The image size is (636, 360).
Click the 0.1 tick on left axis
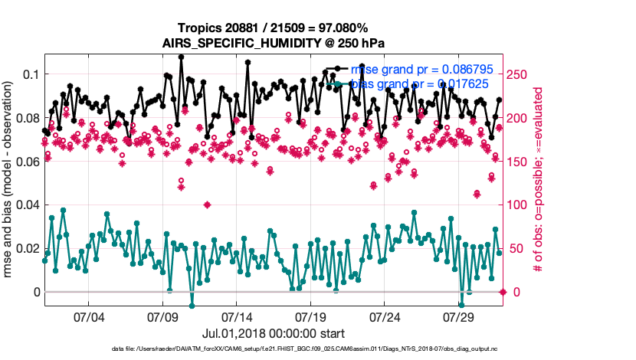pyautogui.click(x=31, y=74)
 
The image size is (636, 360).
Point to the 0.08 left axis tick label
pyautogui.click(x=28, y=118)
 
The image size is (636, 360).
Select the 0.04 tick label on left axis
pyautogui.click(x=28, y=205)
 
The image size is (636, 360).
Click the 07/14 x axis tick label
pyautogui.click(x=237, y=316)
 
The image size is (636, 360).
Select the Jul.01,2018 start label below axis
pyautogui.click(x=274, y=333)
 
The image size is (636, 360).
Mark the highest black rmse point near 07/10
pyautogui.click(x=182, y=57)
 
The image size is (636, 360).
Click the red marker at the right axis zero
pyautogui.click(x=503, y=292)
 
